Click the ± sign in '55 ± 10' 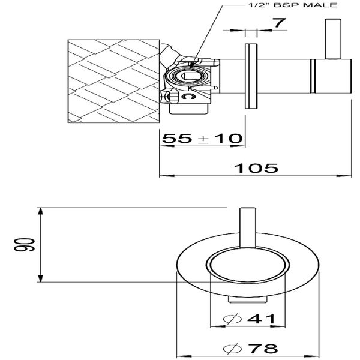click(202, 139)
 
